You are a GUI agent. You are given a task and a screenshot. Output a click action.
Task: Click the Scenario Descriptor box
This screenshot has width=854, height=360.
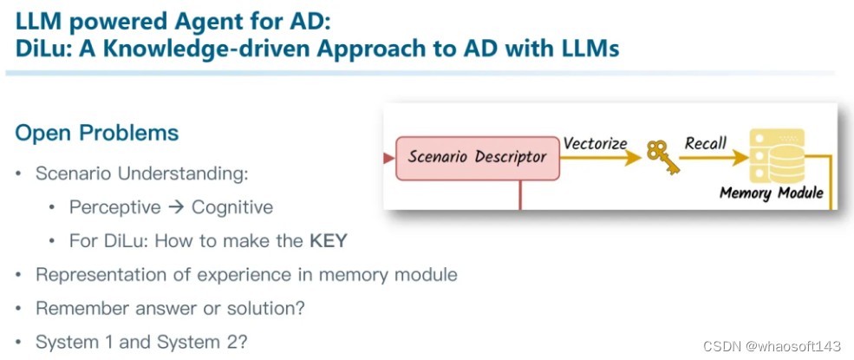click(x=477, y=157)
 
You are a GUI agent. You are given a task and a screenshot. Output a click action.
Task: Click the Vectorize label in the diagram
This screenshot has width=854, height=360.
click(x=595, y=142)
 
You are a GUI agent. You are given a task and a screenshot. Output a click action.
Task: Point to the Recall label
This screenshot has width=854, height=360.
click(x=706, y=142)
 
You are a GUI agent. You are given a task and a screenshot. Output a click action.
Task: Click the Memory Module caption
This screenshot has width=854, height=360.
click(x=772, y=193)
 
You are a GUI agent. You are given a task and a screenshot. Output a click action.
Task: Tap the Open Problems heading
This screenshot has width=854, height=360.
click(x=97, y=133)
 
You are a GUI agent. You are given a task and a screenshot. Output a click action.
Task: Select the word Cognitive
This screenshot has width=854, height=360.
click(x=232, y=207)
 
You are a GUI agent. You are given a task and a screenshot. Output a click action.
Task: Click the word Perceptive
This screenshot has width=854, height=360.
click(x=115, y=207)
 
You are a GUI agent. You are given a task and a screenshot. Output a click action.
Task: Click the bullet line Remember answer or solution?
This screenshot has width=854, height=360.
click(x=170, y=308)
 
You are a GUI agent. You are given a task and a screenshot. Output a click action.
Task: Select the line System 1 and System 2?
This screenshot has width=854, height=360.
click(x=141, y=342)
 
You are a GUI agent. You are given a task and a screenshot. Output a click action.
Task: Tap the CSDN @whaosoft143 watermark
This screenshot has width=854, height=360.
click(x=772, y=347)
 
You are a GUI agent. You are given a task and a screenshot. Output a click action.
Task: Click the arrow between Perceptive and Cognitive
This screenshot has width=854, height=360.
click(x=176, y=207)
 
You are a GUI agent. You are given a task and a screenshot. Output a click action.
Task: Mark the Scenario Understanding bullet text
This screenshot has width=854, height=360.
click(x=142, y=173)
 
